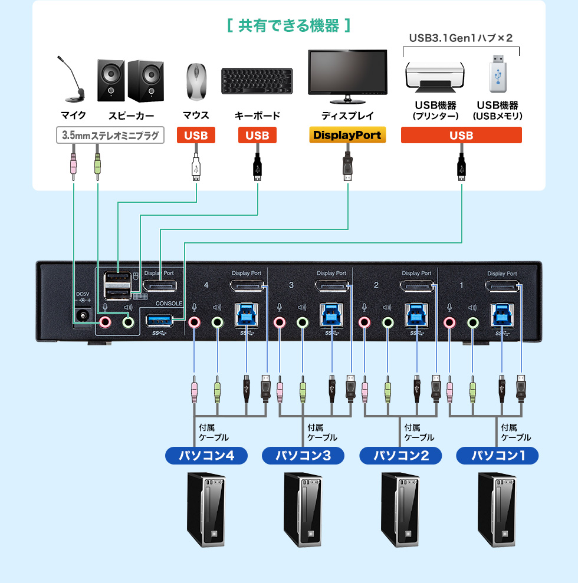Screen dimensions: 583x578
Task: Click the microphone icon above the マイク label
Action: (x=71, y=79)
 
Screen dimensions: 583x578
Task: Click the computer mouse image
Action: (x=196, y=81)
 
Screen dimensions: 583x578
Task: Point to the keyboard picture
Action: (x=257, y=81)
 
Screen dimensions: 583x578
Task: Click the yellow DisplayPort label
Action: (x=347, y=135)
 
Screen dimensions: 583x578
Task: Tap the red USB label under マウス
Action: (x=196, y=136)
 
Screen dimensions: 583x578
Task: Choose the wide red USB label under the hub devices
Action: (x=461, y=136)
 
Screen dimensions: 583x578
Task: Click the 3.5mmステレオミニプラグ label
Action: (x=110, y=136)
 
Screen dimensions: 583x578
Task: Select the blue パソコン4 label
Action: (x=205, y=456)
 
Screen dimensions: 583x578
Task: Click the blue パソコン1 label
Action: (x=497, y=456)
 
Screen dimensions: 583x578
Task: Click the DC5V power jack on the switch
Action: (x=83, y=316)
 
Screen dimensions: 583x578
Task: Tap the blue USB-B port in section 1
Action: (x=501, y=315)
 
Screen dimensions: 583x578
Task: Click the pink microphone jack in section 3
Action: (x=279, y=322)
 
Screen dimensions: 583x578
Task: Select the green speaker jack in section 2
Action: (x=387, y=322)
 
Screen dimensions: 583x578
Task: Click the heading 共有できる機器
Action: (x=288, y=26)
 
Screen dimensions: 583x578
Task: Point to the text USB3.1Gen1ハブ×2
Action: (x=461, y=38)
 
